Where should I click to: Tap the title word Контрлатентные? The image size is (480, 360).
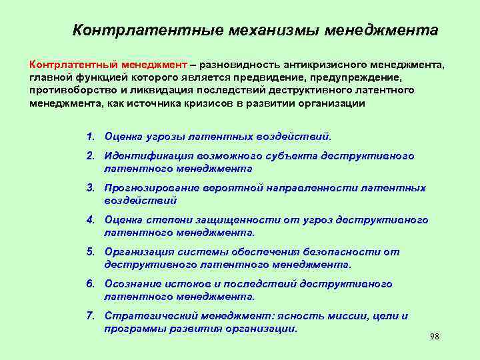click(147, 31)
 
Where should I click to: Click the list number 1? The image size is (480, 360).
click(89, 137)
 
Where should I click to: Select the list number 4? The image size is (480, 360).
click(89, 220)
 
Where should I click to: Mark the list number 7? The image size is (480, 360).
click(89, 316)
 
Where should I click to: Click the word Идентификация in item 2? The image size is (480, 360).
click(143, 156)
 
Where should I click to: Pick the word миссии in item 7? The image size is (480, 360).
click(331, 316)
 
